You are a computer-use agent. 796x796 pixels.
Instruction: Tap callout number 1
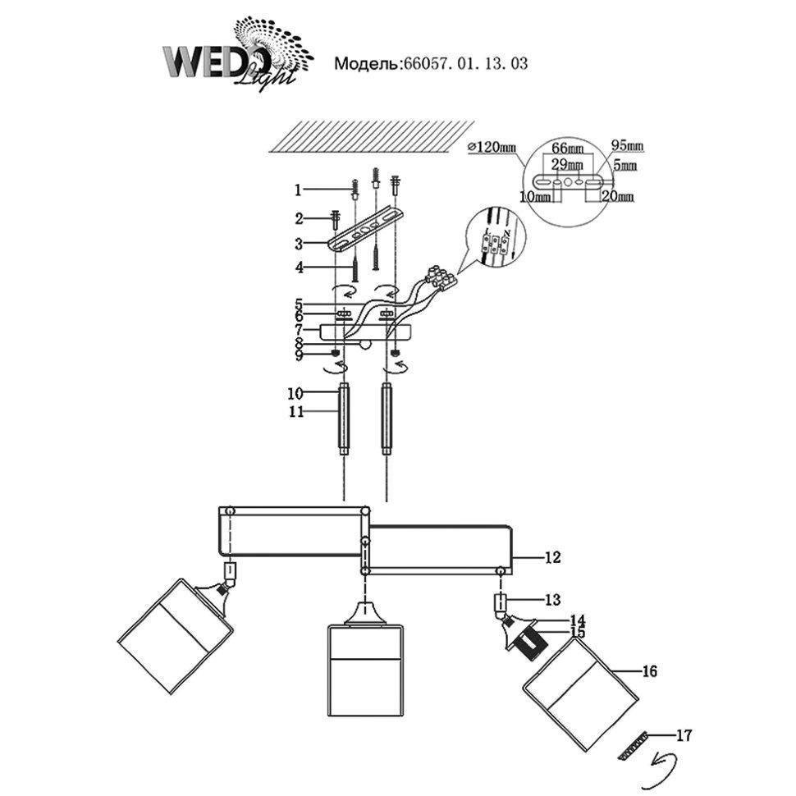pos(299,190)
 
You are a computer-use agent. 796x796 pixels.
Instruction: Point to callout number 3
pos(299,244)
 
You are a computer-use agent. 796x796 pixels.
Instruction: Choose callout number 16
pos(649,671)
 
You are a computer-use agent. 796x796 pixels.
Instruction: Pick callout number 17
pos(683,735)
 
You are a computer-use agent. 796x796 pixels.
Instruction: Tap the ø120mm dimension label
pos(492,147)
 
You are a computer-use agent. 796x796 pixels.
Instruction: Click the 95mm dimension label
pos(628,146)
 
